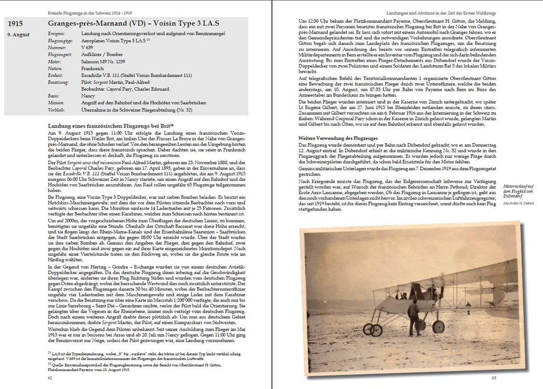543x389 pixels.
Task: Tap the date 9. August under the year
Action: (x=19, y=34)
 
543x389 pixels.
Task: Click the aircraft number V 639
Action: (x=87, y=47)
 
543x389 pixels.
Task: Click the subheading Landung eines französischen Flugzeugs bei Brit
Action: (x=110, y=126)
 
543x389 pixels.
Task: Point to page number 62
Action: (x=50, y=378)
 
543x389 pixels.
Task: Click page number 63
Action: (x=494, y=378)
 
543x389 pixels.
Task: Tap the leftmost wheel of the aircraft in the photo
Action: (x=368, y=329)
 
